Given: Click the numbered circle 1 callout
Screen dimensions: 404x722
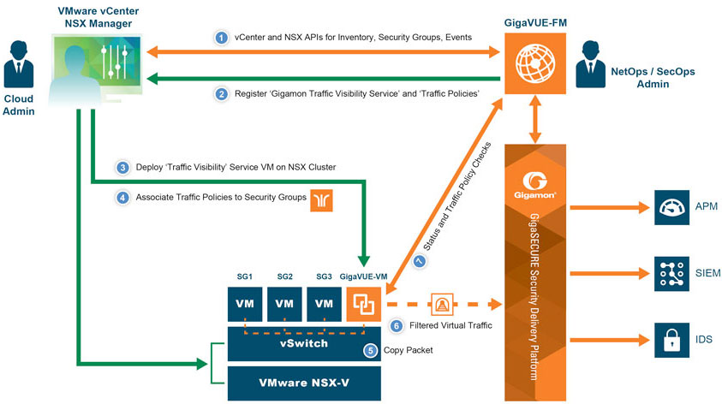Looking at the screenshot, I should [x=222, y=38].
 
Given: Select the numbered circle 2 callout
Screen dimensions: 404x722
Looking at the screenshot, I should [x=222, y=94].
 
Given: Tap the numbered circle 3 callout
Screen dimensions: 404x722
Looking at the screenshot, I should [x=122, y=167].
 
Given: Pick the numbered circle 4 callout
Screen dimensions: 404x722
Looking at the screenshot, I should [x=122, y=198].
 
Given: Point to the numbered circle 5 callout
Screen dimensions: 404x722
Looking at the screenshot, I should [x=370, y=350].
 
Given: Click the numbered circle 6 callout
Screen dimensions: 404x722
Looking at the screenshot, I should [x=396, y=325].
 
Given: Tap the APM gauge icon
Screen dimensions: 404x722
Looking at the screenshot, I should [x=671, y=208].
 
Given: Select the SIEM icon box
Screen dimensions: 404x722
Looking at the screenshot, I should [x=671, y=273].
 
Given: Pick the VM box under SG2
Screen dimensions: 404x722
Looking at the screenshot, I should [x=285, y=304].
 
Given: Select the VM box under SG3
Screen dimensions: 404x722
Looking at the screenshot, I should [x=325, y=304].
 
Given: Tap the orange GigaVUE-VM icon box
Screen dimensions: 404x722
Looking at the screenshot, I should [x=364, y=304].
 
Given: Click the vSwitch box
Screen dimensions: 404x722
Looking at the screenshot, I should [x=304, y=342].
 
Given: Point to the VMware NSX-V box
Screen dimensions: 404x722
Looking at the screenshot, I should [x=304, y=383].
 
